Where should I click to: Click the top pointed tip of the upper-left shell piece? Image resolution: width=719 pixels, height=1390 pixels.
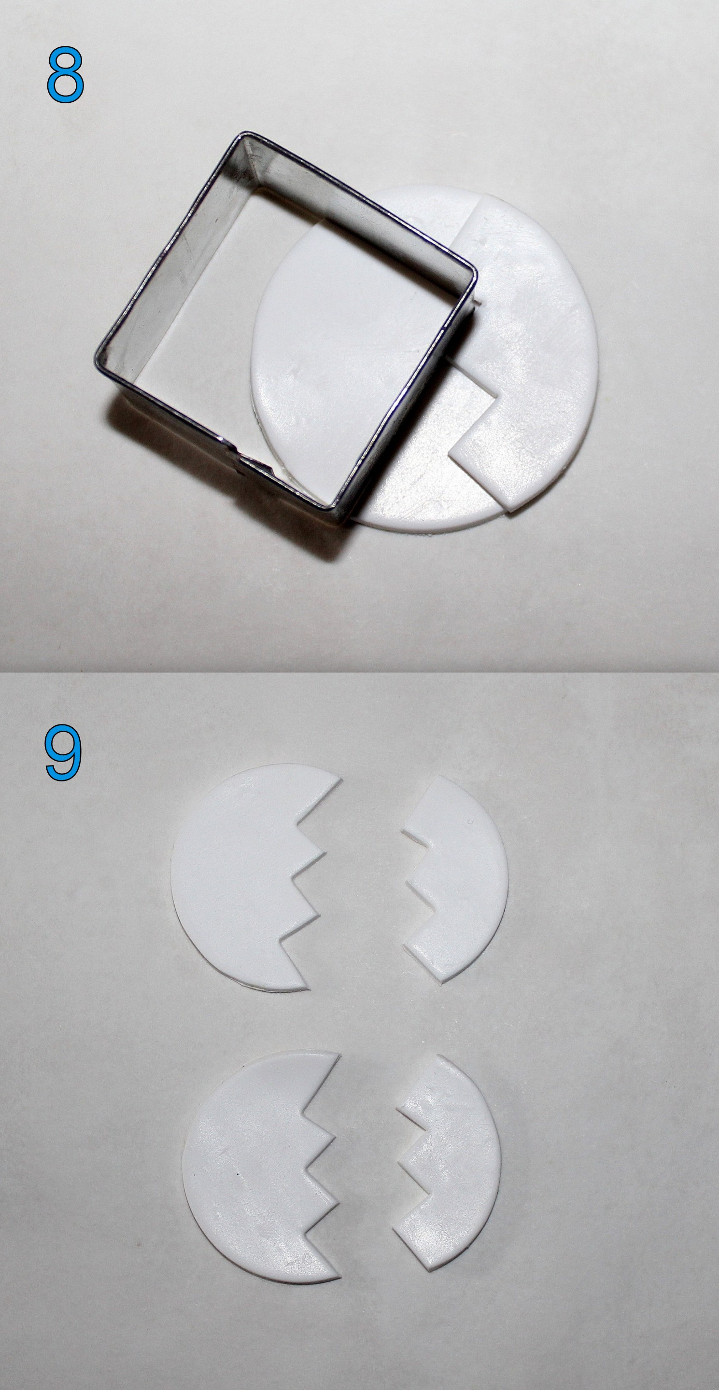[x=341, y=778]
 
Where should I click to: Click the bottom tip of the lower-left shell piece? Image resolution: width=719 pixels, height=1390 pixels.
[x=340, y=1277]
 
